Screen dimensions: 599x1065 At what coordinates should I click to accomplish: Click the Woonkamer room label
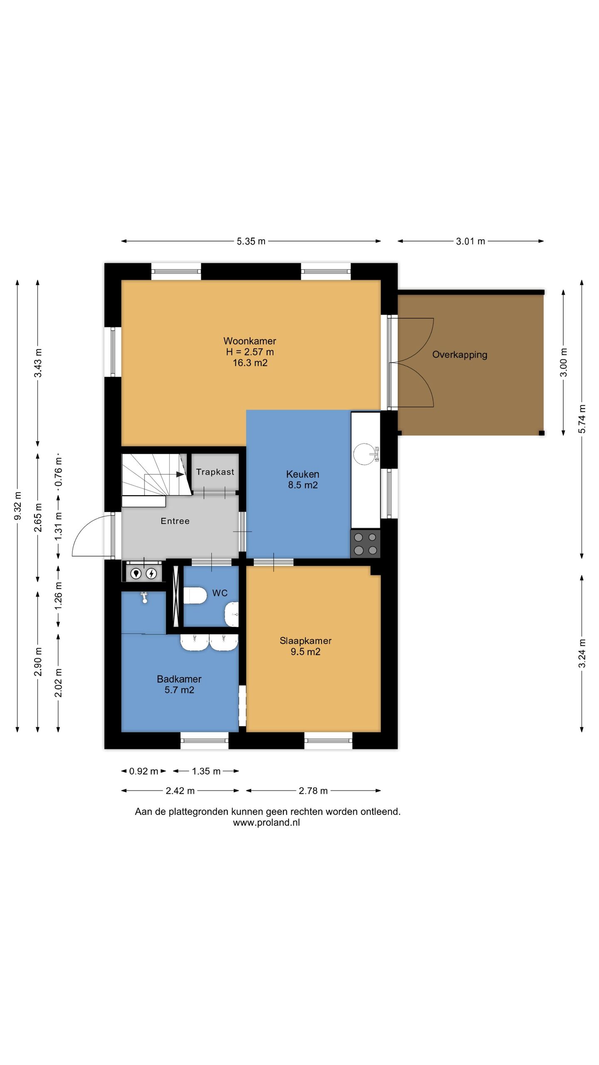[250, 341]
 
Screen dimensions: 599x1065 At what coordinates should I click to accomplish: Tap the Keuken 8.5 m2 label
[303, 479]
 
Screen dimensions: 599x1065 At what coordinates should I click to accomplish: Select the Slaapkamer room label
[305, 641]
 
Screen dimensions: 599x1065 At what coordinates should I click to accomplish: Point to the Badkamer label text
[179, 679]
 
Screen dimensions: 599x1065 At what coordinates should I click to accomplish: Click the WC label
[220, 593]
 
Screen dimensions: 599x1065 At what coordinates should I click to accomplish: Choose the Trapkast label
[215, 472]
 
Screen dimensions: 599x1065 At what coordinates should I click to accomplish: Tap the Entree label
[175, 521]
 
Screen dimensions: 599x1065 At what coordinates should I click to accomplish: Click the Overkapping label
[460, 355]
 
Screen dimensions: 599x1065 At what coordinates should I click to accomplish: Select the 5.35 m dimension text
[251, 241]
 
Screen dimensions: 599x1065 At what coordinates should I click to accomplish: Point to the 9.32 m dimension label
[17, 505]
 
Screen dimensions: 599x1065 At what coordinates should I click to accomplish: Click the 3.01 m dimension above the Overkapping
[470, 241]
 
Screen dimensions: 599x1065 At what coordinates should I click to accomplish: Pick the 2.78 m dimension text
[313, 790]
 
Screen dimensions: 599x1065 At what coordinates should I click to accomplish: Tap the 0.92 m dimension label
[144, 771]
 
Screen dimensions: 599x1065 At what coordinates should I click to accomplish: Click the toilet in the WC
[195, 595]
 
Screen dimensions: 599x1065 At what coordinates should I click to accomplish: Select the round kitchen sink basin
[364, 453]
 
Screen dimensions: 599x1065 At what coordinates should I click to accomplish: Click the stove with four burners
[365, 544]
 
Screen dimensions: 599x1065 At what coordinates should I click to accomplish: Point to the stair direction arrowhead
[180, 474]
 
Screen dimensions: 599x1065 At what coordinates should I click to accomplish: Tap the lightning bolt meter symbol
[151, 574]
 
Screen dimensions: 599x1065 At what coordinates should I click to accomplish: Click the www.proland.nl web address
[266, 822]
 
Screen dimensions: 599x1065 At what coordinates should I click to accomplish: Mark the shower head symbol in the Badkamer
[144, 597]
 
